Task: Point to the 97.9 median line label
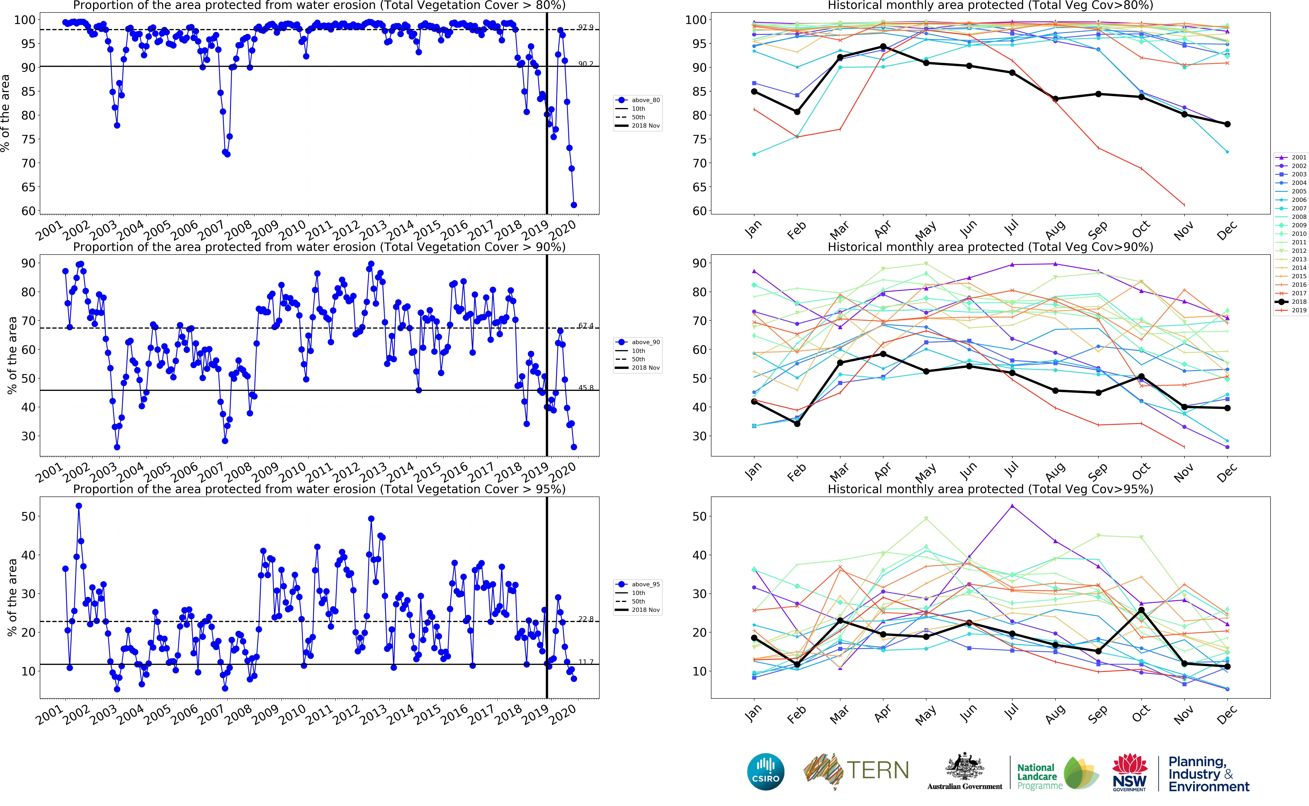[x=585, y=27]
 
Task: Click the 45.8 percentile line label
[x=585, y=388]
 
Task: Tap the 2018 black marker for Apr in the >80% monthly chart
[x=883, y=47]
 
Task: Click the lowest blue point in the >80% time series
[x=574, y=205]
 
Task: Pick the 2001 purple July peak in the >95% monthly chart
[x=1012, y=506]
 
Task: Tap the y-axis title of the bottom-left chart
[x=12, y=597]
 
